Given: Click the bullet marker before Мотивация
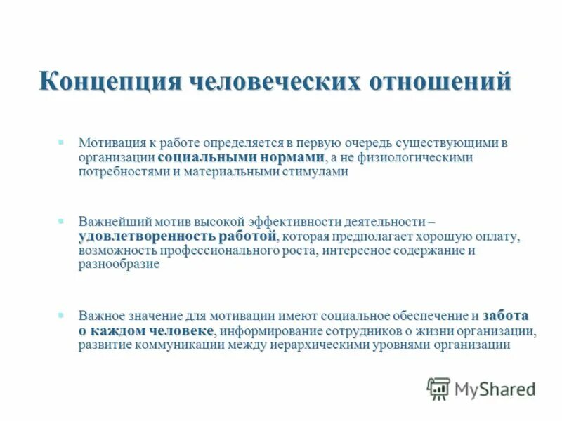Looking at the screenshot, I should click(61, 142).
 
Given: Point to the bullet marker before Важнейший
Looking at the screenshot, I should click(61, 220).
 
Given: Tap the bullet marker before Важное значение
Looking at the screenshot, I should click(61, 315).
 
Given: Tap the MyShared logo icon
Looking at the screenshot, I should click(438, 388).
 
